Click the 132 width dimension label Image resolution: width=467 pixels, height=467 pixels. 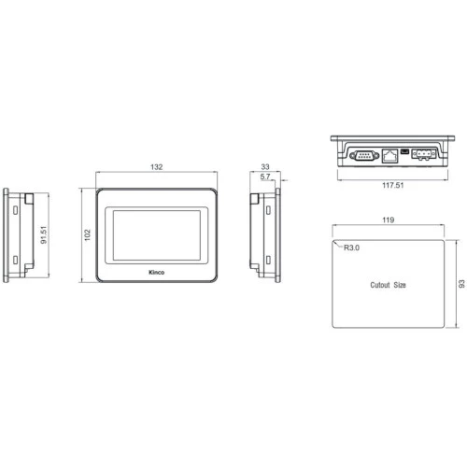(157, 167)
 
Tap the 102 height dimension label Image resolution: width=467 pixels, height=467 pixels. (88, 235)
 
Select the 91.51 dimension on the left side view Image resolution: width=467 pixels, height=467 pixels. (44, 234)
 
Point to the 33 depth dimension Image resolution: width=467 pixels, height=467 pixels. (265, 167)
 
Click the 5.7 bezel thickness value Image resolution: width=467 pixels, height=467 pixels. (265, 177)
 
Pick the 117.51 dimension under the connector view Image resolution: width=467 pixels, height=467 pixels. (393, 185)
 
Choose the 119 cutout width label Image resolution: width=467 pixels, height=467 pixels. (389, 219)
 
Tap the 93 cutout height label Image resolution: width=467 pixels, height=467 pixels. (461, 284)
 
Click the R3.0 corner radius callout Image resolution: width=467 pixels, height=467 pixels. (351, 248)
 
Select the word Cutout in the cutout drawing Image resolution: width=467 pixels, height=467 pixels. (380, 285)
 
